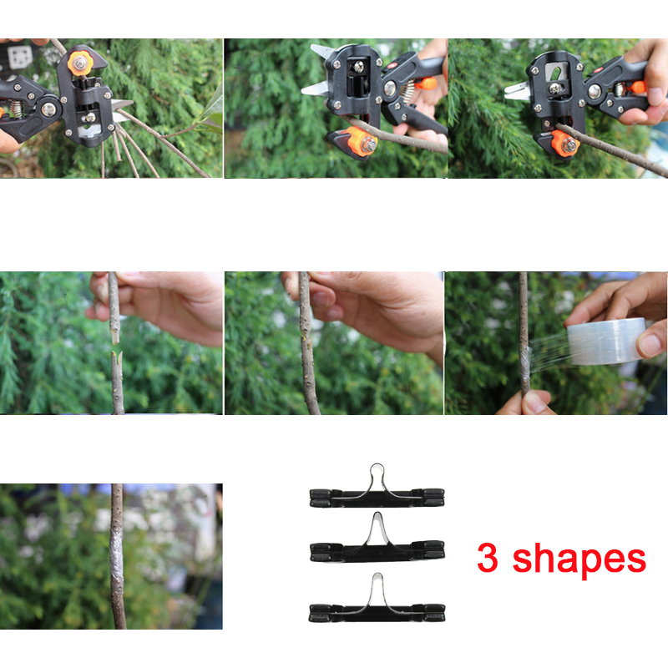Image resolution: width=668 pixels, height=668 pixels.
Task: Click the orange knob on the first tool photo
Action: click(81, 62)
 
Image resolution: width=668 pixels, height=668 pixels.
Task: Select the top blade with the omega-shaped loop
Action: click(375, 488)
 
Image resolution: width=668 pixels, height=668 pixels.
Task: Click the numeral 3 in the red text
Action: click(488, 558)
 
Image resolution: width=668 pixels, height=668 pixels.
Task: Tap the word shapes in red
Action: click(579, 558)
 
